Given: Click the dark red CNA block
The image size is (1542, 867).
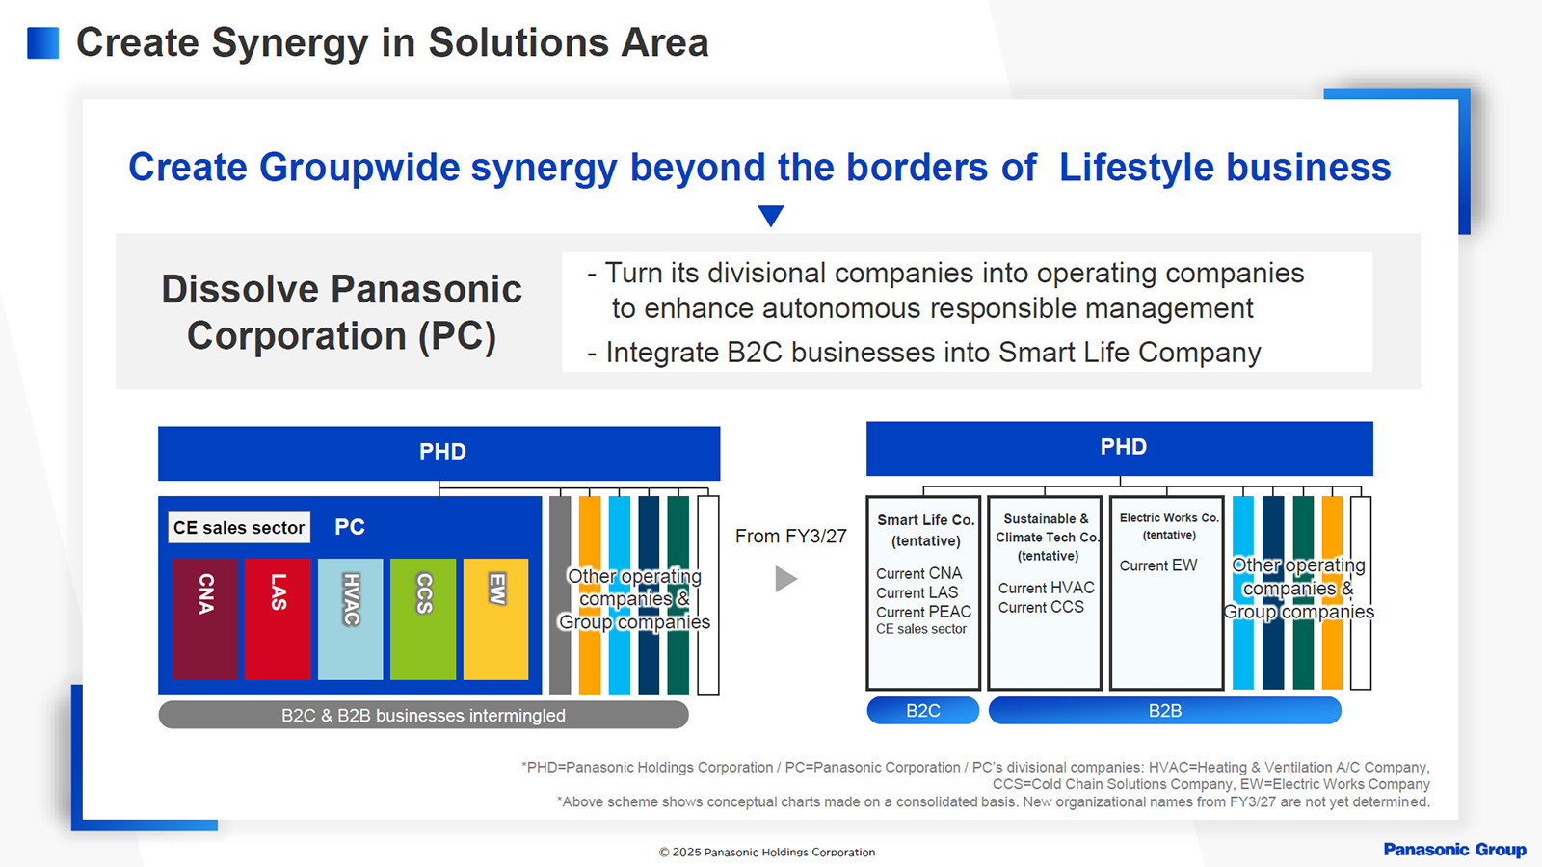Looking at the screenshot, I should [205, 618].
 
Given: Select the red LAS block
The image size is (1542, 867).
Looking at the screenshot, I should [278, 618].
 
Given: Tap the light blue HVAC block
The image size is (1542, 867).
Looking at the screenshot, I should [350, 618].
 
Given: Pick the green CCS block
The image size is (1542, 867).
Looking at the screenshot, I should [423, 618].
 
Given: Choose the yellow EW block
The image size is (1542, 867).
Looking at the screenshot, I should [495, 618].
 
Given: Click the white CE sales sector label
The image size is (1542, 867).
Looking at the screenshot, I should [239, 527].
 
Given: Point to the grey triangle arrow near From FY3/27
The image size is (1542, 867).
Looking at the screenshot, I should [785, 579].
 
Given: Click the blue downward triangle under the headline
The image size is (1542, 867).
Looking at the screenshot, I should [771, 215].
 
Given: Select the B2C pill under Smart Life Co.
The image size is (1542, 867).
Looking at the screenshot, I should [923, 711].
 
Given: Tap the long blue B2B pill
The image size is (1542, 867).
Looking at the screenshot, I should [1164, 711].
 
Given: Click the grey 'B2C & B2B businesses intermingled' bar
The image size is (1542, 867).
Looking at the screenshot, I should [423, 715].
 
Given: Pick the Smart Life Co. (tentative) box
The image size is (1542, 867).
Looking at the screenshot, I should [923, 592].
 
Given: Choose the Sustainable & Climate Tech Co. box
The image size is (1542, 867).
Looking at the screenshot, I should [1045, 592].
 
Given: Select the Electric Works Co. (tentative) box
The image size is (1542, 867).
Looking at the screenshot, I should [1166, 592].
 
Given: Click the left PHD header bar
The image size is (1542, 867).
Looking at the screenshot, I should [439, 453].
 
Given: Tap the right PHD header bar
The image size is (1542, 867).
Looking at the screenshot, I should [1120, 448].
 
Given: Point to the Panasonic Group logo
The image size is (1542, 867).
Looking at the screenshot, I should [1454, 850].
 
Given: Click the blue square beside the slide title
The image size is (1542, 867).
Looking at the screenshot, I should [43, 43].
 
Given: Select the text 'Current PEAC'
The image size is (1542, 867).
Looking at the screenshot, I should [923, 612].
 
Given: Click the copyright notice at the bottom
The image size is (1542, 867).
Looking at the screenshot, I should [767, 853].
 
